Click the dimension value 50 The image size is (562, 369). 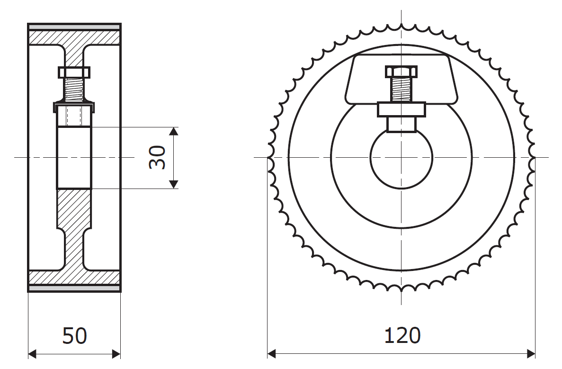point(74,336)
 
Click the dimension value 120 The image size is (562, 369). point(402,336)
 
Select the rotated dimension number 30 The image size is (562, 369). point(157,157)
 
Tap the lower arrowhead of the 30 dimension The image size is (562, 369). point(173,184)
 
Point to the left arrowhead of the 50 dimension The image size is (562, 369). point(32,354)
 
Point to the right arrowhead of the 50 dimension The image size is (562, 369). point(116,354)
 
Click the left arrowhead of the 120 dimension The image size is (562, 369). point(272,354)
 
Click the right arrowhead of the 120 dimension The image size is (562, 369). point(531,354)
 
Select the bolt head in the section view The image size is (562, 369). point(74,72)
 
